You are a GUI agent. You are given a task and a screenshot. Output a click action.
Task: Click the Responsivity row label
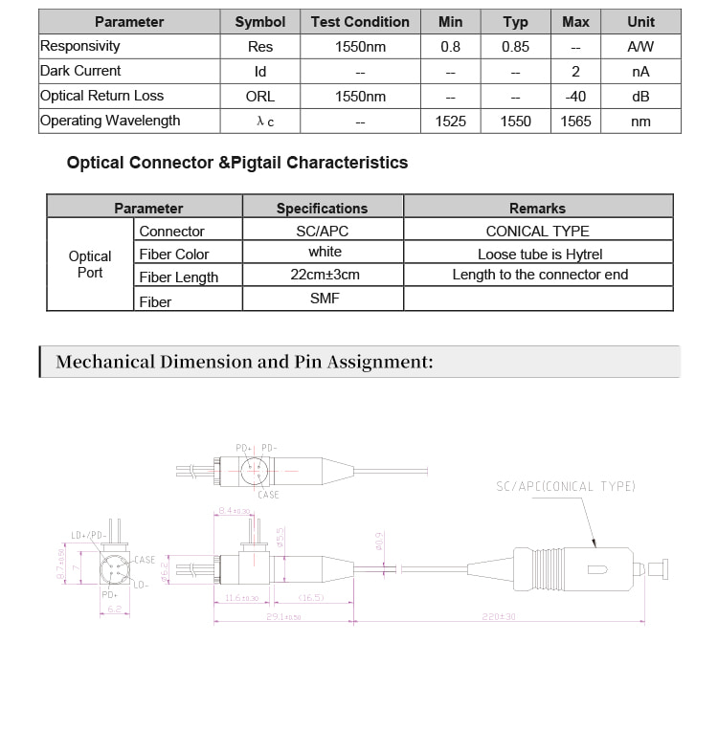point(80,46)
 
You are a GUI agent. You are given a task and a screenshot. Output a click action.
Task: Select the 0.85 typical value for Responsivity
point(516,46)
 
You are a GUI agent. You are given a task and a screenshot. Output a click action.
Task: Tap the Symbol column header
point(259,21)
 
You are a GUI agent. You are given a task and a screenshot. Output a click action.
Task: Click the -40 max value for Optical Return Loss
point(575,96)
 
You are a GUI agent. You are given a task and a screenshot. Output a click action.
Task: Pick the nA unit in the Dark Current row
point(640,71)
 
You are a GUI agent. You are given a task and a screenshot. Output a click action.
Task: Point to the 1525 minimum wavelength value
point(450,121)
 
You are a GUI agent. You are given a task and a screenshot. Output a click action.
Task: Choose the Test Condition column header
point(360,21)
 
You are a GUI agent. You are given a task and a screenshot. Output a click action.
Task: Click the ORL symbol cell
point(259,96)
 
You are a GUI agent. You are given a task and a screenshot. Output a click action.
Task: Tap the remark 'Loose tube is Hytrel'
point(540,254)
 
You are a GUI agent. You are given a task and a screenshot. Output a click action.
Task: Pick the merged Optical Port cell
point(90,264)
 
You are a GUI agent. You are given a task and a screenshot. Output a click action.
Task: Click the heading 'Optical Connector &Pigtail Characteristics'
point(237,163)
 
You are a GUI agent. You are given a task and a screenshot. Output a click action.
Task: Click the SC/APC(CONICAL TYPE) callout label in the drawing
point(565,486)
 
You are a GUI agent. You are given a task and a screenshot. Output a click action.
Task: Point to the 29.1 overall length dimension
point(284,617)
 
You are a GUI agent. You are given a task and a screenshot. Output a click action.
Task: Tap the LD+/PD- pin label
point(89,536)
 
